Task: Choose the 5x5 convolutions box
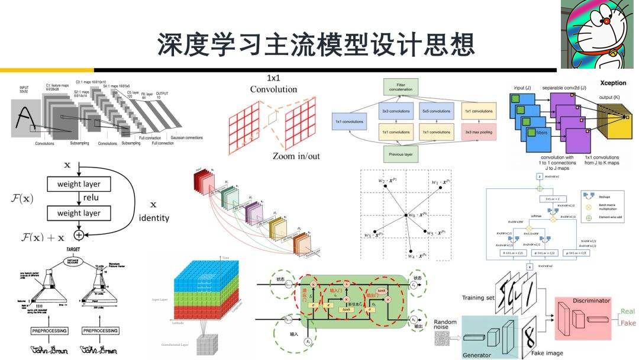coord(437,111)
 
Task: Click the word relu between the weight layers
coord(91,198)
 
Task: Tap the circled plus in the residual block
coord(78,234)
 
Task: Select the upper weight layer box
coord(86,184)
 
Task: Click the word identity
coord(154,218)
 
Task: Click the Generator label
coord(477,355)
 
